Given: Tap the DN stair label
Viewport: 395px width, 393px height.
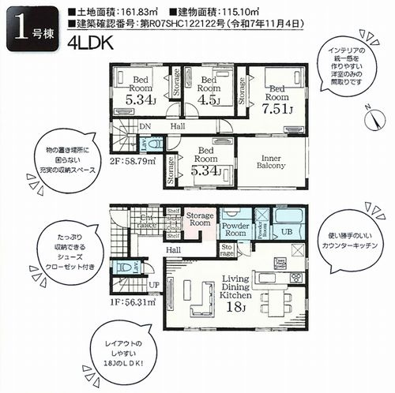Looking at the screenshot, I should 145,125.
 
